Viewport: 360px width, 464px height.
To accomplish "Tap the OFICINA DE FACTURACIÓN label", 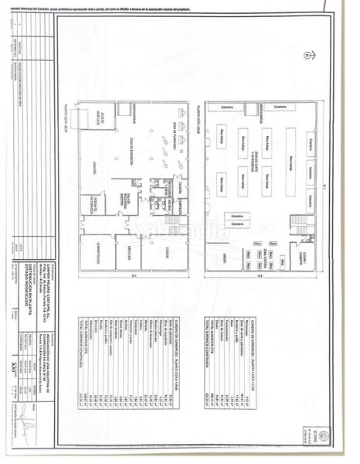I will pyautogui.click(x=90, y=206).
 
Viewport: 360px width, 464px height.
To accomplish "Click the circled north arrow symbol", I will pyautogui.click(x=307, y=54).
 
